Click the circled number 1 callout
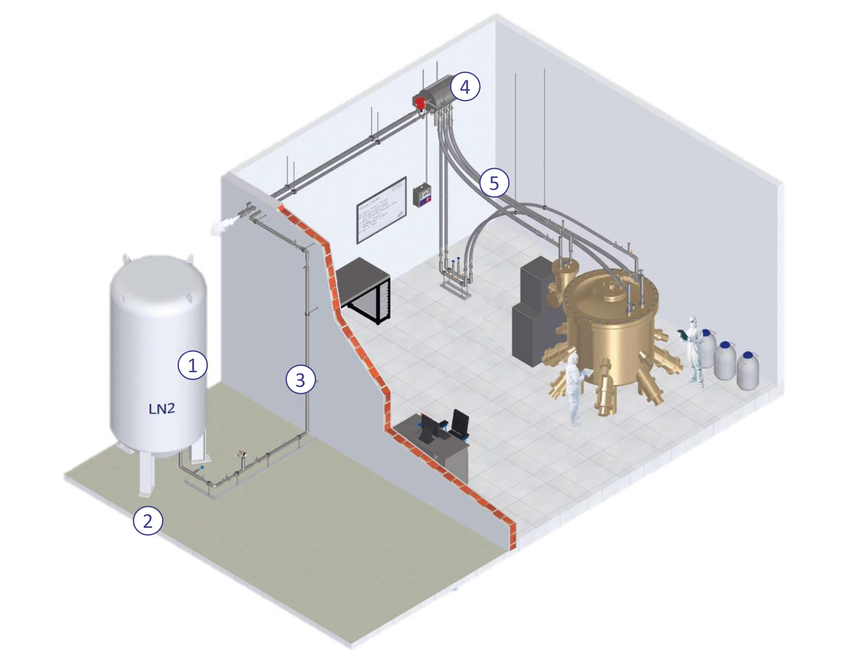192,366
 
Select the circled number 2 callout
148,521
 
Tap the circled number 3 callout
300,380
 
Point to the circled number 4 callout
465,87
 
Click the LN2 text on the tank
162,409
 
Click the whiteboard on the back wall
381,210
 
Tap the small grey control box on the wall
422,196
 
